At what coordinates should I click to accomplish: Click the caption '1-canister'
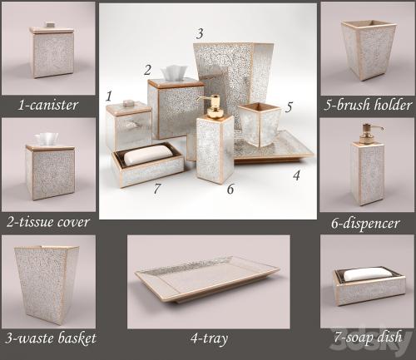pos(48,105)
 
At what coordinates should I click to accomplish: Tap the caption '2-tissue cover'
pos(48,222)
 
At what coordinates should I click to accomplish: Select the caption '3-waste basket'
pos(50,338)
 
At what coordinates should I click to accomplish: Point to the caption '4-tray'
pos(209,339)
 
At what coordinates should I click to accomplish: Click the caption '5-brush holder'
pos(368,105)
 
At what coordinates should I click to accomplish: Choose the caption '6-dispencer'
pos(365,224)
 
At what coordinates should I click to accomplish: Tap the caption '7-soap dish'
pos(368,337)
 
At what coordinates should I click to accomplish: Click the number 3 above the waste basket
pos(200,33)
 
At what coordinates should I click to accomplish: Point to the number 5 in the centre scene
pos(289,107)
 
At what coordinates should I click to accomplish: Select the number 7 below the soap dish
pos(157,189)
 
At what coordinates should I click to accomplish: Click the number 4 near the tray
pos(296,175)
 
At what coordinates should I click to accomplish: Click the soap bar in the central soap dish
pos(147,155)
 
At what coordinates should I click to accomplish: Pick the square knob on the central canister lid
pos(128,103)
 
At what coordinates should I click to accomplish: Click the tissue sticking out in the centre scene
pos(174,72)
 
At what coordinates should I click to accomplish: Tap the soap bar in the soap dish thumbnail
pos(364,274)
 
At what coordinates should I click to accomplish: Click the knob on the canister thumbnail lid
pos(51,25)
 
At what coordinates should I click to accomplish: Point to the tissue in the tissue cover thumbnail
pos(47,139)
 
